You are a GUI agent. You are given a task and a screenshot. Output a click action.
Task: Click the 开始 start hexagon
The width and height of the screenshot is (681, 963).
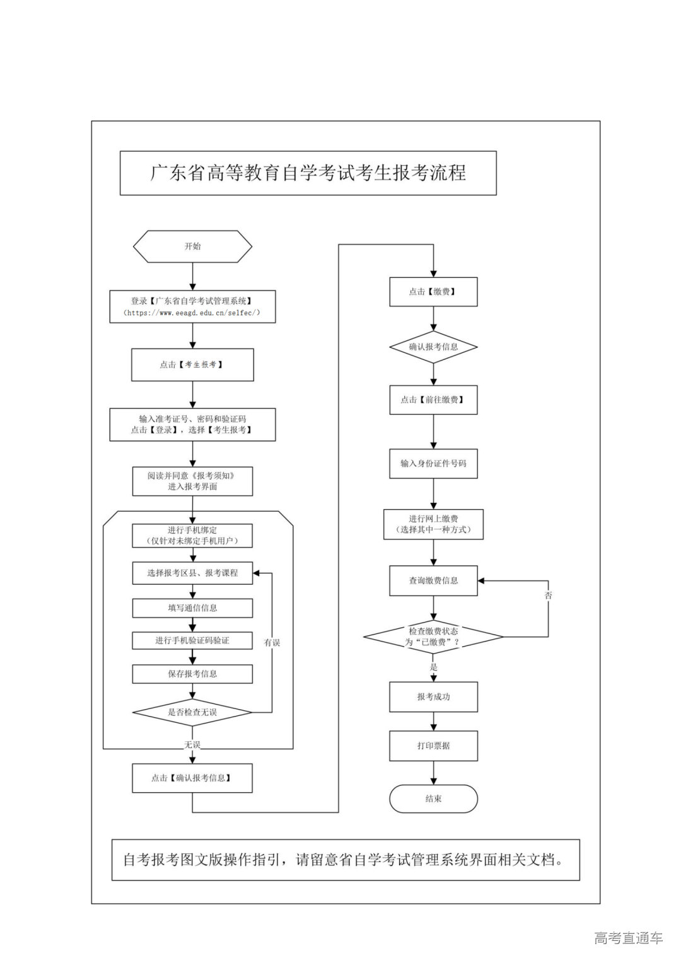point(192,246)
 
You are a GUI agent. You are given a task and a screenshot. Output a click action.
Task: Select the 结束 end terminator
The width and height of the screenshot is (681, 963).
point(433,799)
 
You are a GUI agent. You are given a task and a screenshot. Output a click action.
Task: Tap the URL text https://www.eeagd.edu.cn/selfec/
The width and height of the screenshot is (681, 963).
point(192,313)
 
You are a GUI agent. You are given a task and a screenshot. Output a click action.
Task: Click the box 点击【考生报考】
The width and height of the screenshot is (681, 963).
point(192,365)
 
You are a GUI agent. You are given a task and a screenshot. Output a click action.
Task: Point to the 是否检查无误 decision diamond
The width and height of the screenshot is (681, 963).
point(192,712)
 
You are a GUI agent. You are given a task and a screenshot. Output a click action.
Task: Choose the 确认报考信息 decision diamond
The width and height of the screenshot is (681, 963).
point(433,347)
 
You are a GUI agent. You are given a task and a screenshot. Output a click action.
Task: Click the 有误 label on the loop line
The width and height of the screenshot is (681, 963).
point(272,642)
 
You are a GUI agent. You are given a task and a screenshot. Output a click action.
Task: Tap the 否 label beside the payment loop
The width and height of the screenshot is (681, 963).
point(548,595)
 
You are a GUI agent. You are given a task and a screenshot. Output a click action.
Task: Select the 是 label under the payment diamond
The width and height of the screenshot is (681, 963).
point(433,667)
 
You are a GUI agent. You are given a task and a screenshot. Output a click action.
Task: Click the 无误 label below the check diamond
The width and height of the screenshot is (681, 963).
point(192,744)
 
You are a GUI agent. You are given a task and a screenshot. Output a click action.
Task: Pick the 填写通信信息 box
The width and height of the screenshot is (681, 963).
point(192,608)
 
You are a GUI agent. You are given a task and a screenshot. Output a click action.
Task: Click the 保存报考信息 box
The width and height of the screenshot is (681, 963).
point(192,674)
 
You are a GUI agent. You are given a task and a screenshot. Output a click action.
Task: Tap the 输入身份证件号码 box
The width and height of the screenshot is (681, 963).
point(433,463)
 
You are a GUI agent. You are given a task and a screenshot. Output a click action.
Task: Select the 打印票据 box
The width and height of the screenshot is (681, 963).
point(433,746)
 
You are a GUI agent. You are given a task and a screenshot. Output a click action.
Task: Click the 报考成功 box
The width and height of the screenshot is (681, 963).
point(433,697)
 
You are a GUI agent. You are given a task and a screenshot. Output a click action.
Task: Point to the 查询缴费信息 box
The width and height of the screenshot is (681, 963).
point(433,580)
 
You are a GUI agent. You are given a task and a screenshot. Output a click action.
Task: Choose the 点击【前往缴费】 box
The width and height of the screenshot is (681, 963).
point(433,400)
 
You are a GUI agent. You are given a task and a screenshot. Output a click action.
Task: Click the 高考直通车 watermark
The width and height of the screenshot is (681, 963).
point(628,938)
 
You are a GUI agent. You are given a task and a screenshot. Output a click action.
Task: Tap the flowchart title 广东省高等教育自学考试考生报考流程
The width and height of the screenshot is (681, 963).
point(308,173)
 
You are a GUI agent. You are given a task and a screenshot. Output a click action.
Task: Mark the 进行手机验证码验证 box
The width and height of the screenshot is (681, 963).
point(192,640)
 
